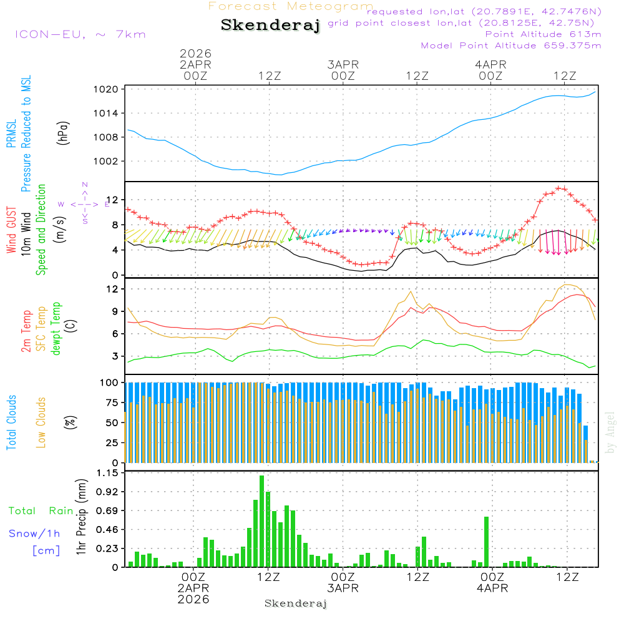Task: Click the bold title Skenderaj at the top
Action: [x=270, y=26]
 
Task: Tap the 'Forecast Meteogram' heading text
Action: [x=291, y=6]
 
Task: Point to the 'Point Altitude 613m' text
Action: [x=543, y=34]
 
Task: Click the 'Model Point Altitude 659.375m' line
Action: [x=511, y=45]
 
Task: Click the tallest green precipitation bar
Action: [x=262, y=521]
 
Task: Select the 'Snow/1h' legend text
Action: [x=35, y=534]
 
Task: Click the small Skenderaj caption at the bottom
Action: [x=296, y=603]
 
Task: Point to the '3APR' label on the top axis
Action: [x=343, y=64]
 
